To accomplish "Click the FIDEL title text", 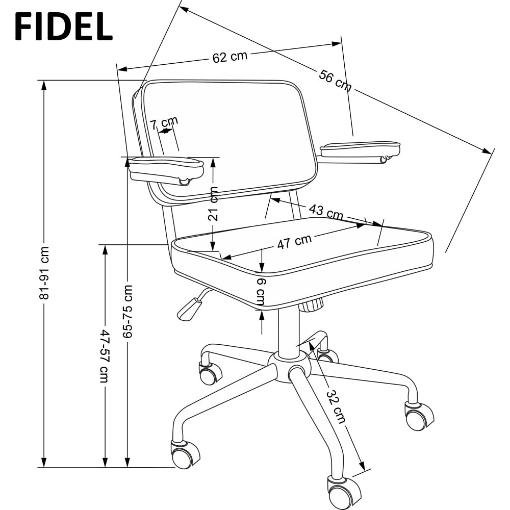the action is coord(64,27).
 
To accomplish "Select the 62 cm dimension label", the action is coord(230,57).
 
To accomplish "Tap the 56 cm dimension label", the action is coord(335,81).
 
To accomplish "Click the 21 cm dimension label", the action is coord(213,204).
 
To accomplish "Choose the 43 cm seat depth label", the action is coord(326,212).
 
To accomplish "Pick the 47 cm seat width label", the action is coord(294,241).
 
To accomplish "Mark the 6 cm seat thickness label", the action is coord(261,292).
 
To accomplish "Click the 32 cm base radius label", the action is coord(336,406).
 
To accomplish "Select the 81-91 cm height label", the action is coord(43,273).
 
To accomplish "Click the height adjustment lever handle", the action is coord(188,310).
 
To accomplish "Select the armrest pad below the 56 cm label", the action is coord(360,149).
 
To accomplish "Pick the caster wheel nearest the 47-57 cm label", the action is coord(184,454).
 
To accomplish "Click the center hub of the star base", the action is coord(289,365).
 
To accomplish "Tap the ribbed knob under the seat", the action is coord(311,305).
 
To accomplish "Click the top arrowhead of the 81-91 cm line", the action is coord(43,86).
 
